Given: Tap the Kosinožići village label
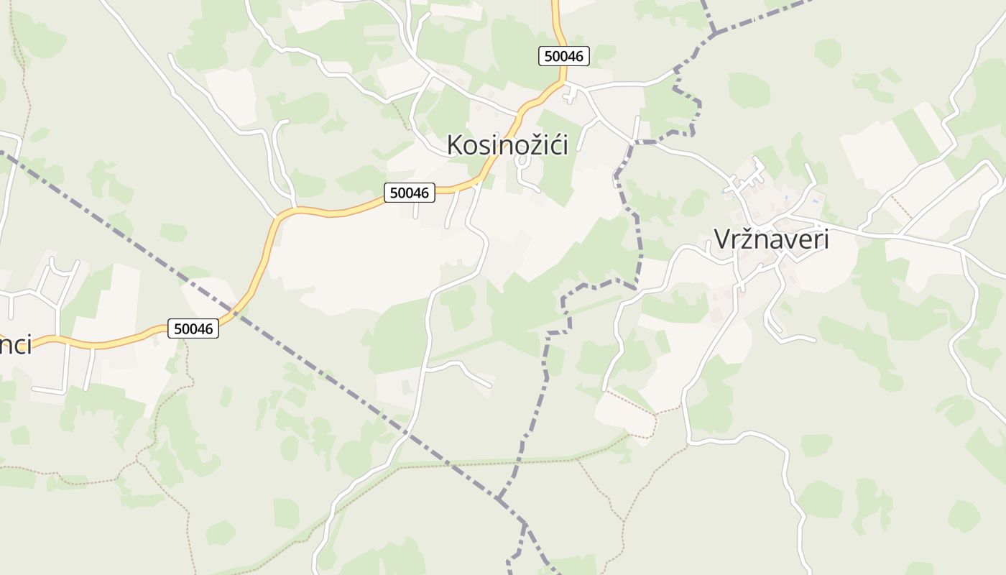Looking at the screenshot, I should coord(507,145).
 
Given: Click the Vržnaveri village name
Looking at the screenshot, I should coord(771,239).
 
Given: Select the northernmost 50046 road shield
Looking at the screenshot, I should coord(564,56).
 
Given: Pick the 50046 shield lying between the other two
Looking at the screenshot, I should coord(410,193).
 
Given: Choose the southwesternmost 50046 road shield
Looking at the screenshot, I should coord(193,328).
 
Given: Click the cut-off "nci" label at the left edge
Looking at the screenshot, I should coord(16,345).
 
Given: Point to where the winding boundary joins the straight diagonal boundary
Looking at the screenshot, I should coord(498,497).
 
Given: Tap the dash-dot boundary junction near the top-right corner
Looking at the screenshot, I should coord(714,32).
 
